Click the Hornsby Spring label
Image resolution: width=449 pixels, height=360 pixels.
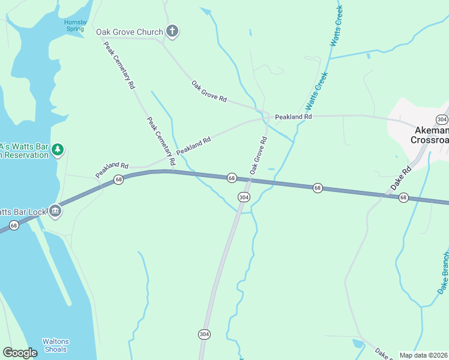(x=76, y=26)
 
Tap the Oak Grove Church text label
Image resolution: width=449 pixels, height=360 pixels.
(x=129, y=32)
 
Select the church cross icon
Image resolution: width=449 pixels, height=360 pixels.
(x=172, y=32)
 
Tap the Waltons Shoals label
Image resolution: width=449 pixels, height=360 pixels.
(x=55, y=345)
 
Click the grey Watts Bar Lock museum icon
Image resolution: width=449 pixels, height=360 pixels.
(x=55, y=211)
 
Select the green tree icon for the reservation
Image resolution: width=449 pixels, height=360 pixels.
(x=57, y=149)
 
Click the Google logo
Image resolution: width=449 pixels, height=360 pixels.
(x=20, y=353)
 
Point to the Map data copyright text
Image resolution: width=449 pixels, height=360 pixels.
(x=424, y=355)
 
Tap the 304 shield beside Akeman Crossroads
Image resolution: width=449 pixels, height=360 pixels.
(x=442, y=119)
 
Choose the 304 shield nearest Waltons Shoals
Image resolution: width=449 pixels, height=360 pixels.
(x=205, y=334)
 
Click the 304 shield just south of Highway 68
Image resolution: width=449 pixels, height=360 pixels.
(x=243, y=197)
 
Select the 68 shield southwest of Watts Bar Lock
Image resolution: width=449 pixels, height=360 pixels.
(x=14, y=225)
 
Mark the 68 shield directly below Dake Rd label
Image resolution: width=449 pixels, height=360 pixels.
(x=403, y=197)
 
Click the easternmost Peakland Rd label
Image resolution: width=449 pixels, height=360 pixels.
(x=294, y=116)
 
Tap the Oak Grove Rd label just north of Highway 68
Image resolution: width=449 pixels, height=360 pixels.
(x=258, y=155)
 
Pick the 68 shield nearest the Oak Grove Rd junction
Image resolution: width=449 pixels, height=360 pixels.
(x=231, y=178)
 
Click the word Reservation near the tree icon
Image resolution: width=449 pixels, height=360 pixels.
(x=27, y=155)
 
